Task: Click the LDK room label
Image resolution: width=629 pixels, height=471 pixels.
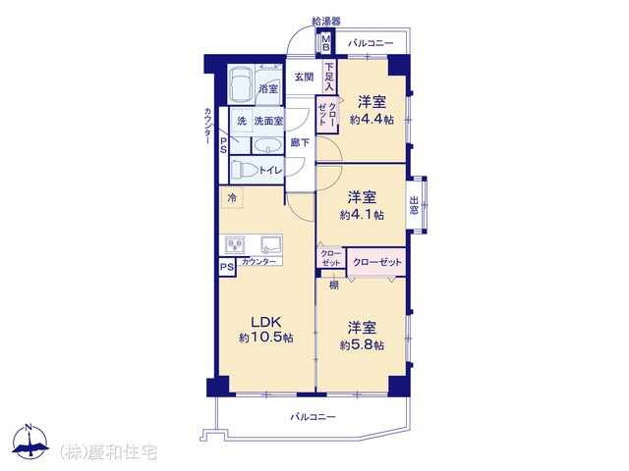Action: [266, 322]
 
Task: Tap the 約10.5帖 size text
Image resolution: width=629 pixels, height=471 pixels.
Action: [266, 338]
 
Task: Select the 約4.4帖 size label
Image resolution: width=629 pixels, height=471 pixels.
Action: [372, 120]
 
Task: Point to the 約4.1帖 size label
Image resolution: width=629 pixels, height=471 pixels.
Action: [362, 215]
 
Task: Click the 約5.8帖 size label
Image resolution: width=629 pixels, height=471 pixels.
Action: [362, 344]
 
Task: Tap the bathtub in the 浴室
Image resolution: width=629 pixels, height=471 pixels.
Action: [241, 84]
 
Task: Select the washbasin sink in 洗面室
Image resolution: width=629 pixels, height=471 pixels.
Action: [267, 145]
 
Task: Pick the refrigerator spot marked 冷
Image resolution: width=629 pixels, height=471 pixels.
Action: [232, 197]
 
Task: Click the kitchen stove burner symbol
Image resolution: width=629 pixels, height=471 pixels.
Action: [235, 244]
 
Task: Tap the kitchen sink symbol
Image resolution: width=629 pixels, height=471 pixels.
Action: [271, 244]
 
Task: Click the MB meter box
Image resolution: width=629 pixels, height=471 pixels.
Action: [326, 43]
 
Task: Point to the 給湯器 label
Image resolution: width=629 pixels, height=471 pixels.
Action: [326, 21]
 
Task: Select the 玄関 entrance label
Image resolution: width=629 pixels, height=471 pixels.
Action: [304, 77]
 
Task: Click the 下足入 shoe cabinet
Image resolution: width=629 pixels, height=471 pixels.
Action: [329, 77]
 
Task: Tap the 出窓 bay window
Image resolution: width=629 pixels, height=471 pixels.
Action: [416, 205]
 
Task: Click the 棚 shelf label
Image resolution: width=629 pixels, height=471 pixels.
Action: [334, 285]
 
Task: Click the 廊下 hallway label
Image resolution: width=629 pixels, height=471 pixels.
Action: [300, 142]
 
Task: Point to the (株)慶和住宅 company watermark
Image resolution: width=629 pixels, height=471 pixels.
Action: [108, 452]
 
